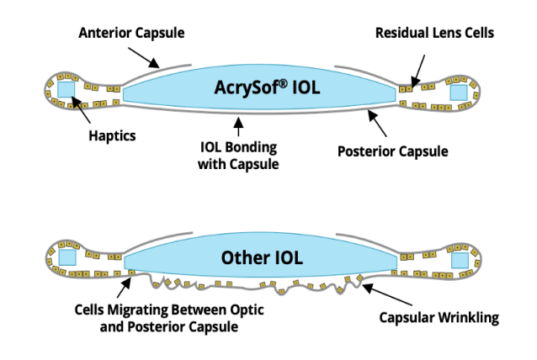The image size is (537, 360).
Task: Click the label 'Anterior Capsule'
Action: [x=131, y=33]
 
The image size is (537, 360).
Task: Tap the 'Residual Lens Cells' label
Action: [x=434, y=33]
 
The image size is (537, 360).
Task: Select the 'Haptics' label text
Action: [x=112, y=135]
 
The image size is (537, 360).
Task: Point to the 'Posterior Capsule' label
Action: [x=392, y=151]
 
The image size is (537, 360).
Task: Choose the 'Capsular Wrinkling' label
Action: [x=439, y=318]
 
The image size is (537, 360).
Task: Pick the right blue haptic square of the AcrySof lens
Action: [x=459, y=91]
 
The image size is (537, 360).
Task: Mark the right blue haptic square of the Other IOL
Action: [x=459, y=261]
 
